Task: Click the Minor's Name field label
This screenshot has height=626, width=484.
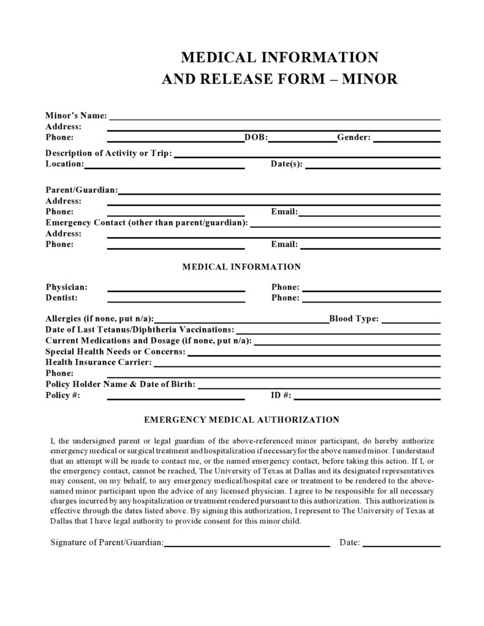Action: (x=76, y=115)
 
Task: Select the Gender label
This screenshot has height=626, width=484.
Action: (x=354, y=137)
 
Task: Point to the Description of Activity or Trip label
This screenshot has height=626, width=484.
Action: (x=108, y=153)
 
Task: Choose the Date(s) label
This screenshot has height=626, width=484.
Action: (x=287, y=164)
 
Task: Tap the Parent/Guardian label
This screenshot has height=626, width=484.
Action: (x=81, y=190)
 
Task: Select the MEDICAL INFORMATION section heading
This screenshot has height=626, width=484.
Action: (x=241, y=267)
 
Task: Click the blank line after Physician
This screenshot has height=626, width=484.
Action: (x=176, y=290)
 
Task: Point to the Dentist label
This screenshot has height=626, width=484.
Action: (x=61, y=298)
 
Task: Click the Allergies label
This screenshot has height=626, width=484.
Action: (x=99, y=319)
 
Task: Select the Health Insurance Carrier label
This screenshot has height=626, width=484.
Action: (x=98, y=362)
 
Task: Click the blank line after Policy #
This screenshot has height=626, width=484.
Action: (x=176, y=398)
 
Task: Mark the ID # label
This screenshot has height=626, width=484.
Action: (x=281, y=395)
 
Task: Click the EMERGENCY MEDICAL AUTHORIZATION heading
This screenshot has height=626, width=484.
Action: (x=241, y=420)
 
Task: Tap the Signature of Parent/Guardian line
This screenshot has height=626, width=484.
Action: (x=247, y=545)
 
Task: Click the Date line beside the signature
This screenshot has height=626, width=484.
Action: (x=401, y=545)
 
